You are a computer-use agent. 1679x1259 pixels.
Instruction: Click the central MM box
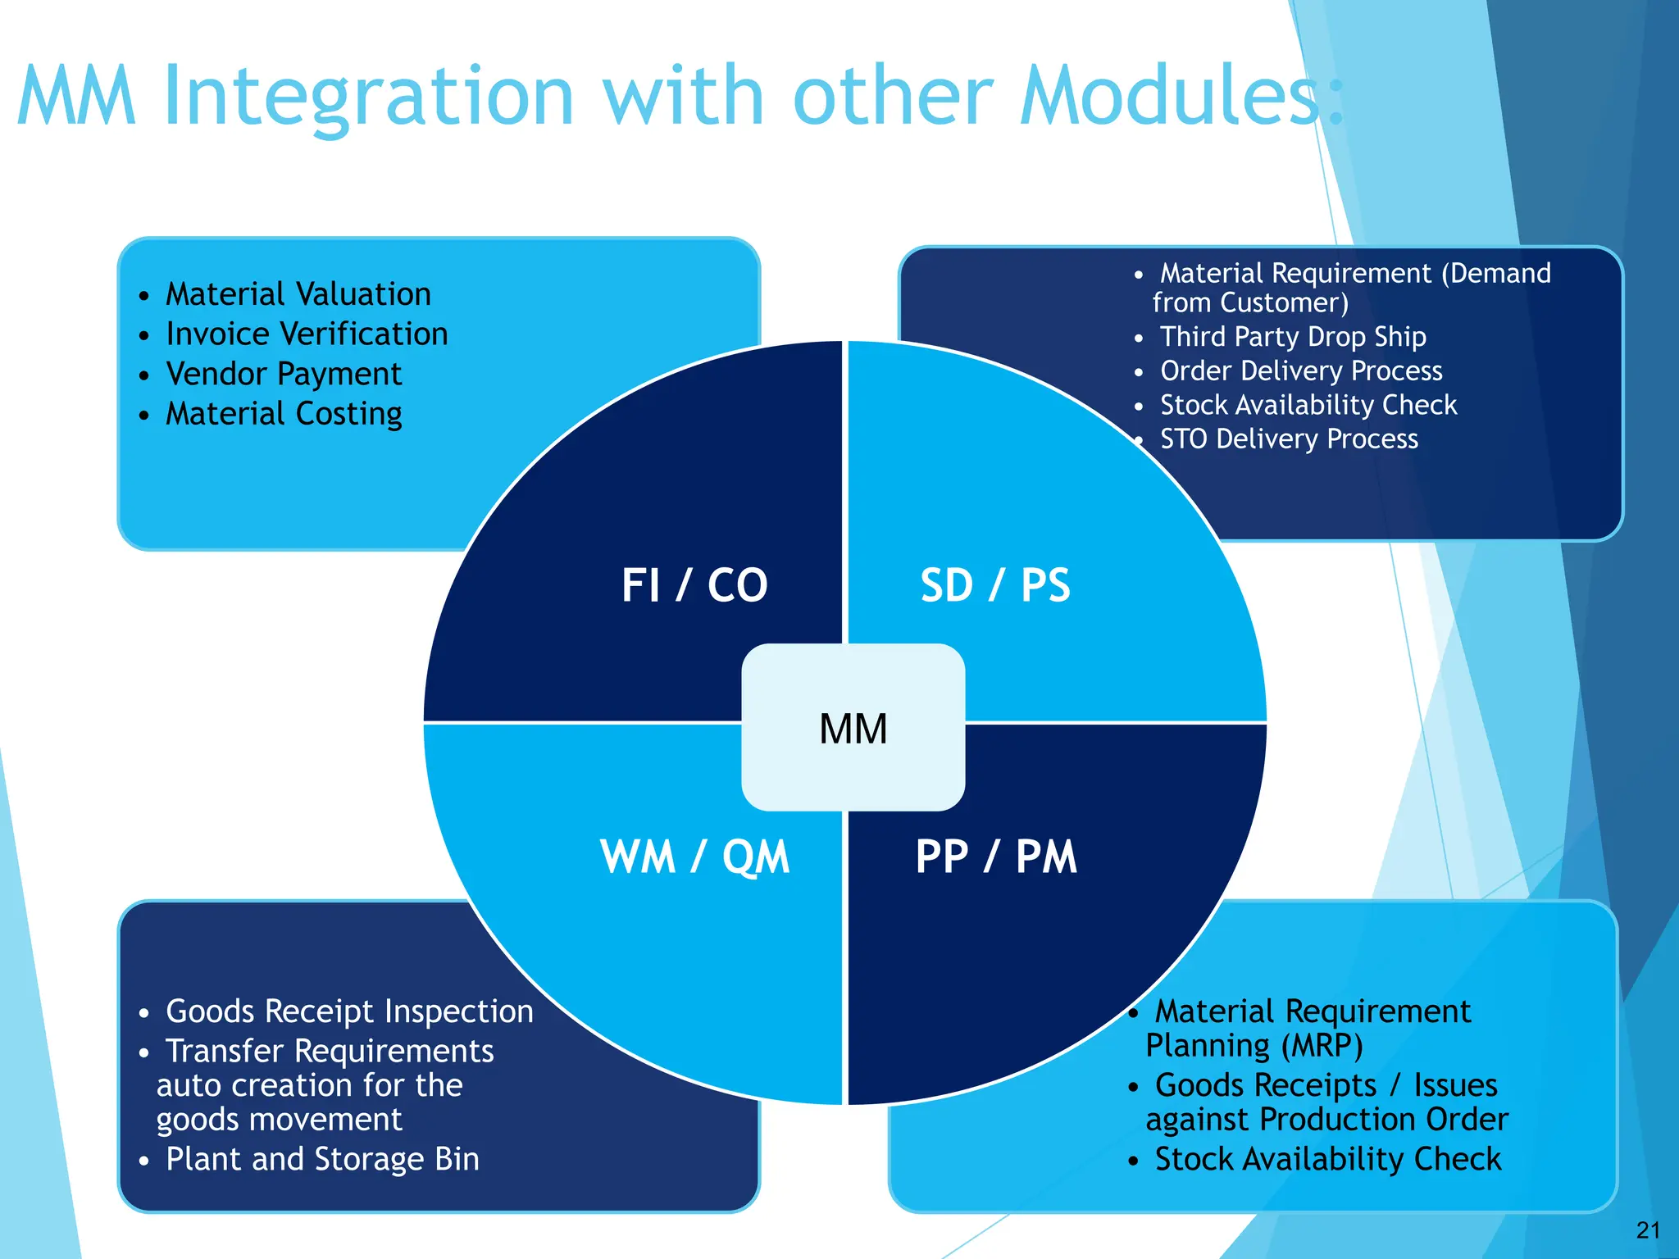tap(853, 728)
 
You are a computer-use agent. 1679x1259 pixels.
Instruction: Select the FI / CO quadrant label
tap(694, 585)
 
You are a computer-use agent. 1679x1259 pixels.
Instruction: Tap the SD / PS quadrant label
tap(994, 585)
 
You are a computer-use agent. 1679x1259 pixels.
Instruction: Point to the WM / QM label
tap(694, 857)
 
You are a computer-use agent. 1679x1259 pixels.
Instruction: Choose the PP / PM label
tap(995, 857)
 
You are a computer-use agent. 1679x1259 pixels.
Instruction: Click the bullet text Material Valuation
tap(298, 293)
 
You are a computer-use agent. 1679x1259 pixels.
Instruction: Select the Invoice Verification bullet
tap(307, 334)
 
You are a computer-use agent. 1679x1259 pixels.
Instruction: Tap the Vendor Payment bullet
tap(284, 374)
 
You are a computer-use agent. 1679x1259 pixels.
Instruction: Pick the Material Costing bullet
tap(284, 413)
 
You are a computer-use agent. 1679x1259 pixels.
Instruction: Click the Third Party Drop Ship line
tap(1293, 337)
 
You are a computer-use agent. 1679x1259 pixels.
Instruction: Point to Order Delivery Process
tap(1301, 370)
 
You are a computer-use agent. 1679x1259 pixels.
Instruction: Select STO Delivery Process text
tap(1289, 439)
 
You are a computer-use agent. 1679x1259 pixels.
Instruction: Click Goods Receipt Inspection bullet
tap(349, 1011)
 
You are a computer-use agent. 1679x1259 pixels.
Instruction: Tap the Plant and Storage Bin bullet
tap(322, 1158)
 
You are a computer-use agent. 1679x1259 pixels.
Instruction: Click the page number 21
tap(1648, 1229)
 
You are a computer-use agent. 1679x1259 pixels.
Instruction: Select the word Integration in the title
tap(368, 97)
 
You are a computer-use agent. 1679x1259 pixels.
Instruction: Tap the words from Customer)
tap(1250, 302)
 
